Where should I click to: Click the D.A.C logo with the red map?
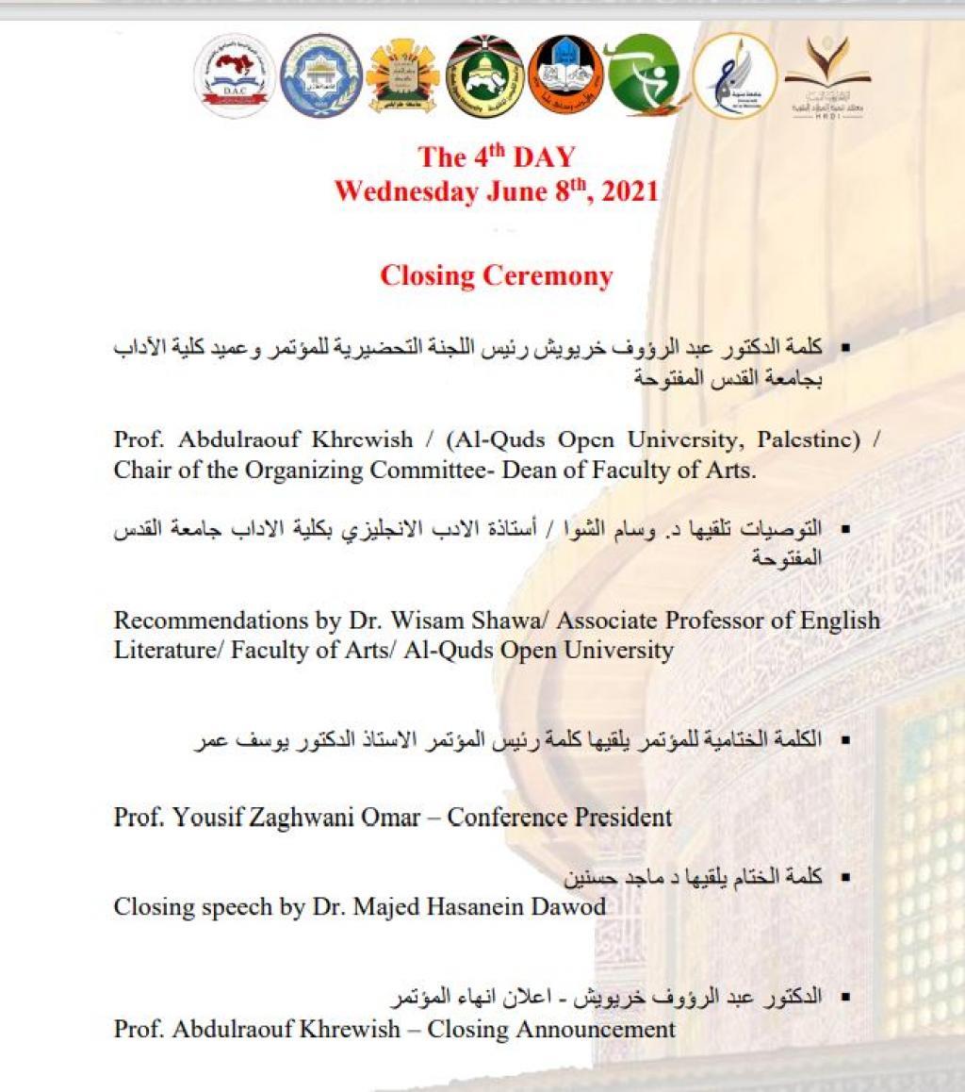pyautogui.click(x=235, y=75)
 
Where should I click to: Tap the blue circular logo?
pyautogui.click(x=321, y=75)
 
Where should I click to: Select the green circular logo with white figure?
pyautogui.click(x=644, y=75)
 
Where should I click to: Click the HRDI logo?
pyautogui.click(x=828, y=75)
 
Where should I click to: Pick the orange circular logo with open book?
pyautogui.click(x=565, y=75)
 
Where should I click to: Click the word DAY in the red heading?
pyautogui.click(x=544, y=157)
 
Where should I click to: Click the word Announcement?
pyautogui.click(x=599, y=1029)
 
